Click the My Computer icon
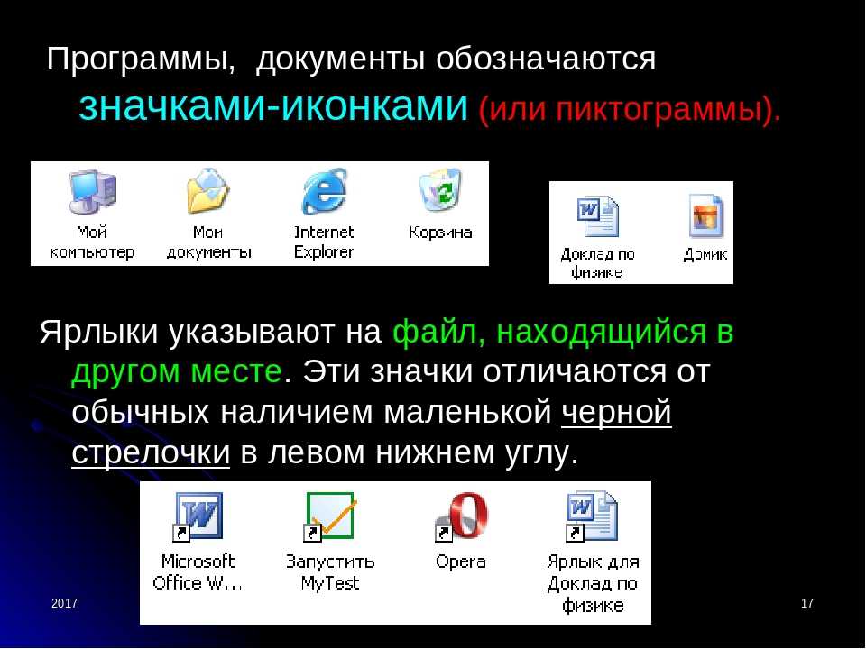click(92, 193)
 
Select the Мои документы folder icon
click(207, 191)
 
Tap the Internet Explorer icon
click(324, 192)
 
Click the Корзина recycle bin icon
click(440, 190)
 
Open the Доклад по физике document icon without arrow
click(597, 216)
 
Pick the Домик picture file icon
click(705, 216)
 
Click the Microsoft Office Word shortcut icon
click(198, 516)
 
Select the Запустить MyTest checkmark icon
click(330, 516)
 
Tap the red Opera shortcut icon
click(461, 516)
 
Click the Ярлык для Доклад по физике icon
click(592, 516)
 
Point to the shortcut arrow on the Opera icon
click(444, 533)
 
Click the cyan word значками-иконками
click(273, 106)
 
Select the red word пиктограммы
click(659, 109)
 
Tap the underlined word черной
click(616, 412)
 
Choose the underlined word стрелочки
click(151, 452)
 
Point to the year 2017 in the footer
click(65, 603)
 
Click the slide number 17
click(806, 603)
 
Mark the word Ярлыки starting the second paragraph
click(99, 333)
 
